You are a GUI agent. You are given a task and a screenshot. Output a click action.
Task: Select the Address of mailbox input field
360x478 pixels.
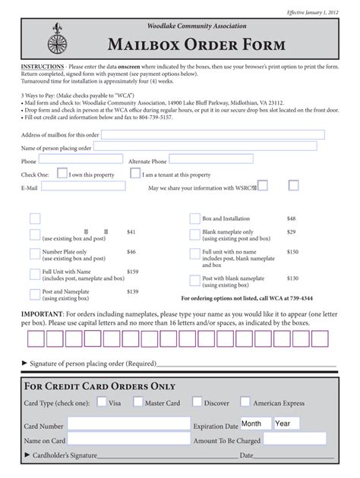click(x=209, y=134)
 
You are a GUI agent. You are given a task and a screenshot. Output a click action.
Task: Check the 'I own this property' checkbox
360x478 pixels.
click(x=62, y=173)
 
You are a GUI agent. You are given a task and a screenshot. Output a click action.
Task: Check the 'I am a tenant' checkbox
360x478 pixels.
click(x=135, y=173)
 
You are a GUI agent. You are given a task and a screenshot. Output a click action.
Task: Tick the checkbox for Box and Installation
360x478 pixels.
click(x=194, y=218)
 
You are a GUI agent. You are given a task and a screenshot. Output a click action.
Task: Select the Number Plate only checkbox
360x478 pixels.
click(x=35, y=254)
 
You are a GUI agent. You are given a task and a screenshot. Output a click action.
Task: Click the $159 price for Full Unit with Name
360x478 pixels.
click(x=133, y=271)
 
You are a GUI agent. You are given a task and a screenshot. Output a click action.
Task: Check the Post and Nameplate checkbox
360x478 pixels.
click(x=35, y=294)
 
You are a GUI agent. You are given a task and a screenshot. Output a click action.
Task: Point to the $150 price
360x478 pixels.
click(x=292, y=251)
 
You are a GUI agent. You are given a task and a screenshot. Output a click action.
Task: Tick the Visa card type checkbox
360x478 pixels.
click(x=101, y=402)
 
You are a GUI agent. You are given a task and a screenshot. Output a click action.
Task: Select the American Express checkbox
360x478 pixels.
click(x=245, y=402)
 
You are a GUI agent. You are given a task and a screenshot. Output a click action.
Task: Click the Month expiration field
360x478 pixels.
click(x=255, y=423)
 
